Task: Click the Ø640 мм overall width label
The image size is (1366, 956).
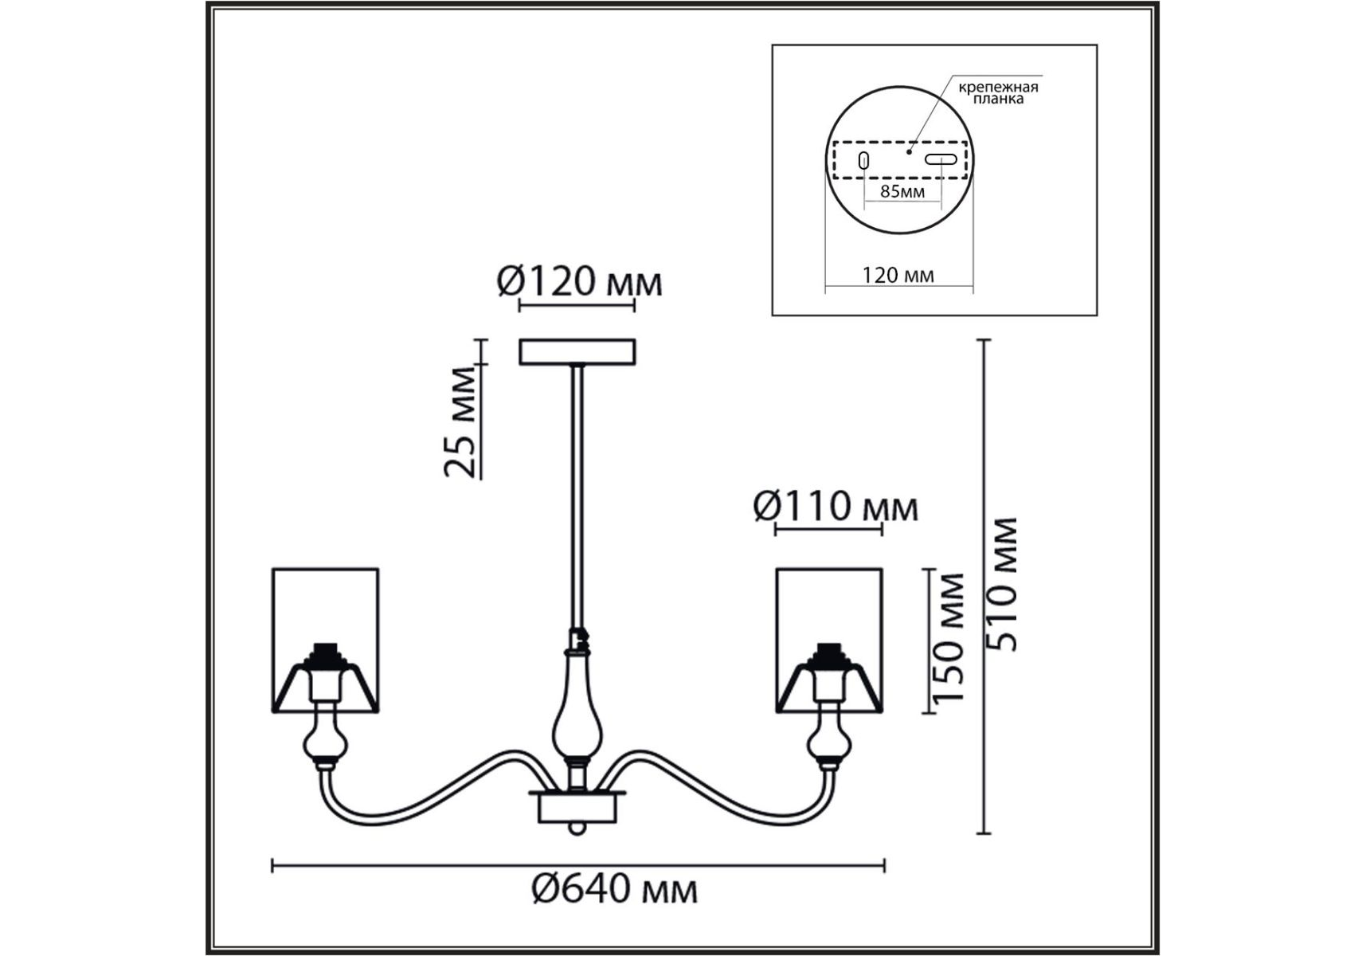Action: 614,889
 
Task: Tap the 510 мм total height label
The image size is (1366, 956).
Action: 1001,584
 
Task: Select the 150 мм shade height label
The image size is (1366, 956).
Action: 949,637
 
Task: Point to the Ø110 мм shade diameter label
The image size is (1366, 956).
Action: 836,506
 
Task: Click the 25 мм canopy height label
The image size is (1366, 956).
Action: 462,421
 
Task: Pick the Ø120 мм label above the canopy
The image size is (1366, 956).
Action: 579,281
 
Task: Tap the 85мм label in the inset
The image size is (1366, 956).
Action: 902,191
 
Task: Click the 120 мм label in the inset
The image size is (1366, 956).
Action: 898,275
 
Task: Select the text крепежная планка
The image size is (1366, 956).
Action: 998,92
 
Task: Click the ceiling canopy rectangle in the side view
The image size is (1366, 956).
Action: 577,352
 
